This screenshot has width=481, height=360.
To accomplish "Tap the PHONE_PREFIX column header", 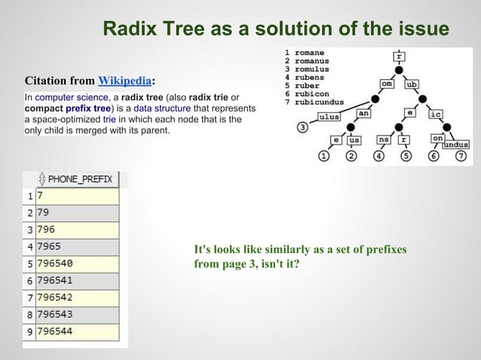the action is tap(78, 179).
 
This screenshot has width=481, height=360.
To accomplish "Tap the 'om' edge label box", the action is tap(386, 84).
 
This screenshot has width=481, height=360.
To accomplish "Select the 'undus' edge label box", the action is tap(456, 144).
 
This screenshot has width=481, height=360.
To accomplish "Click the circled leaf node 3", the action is tap(302, 127).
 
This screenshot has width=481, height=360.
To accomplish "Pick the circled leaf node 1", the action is tap(323, 157).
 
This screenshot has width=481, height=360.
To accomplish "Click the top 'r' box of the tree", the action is tap(399, 56).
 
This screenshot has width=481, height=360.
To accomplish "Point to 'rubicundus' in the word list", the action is tap(319, 102).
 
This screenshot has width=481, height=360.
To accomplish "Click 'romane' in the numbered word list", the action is tap(310, 53).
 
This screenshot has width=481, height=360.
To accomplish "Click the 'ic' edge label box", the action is tap(435, 114).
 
